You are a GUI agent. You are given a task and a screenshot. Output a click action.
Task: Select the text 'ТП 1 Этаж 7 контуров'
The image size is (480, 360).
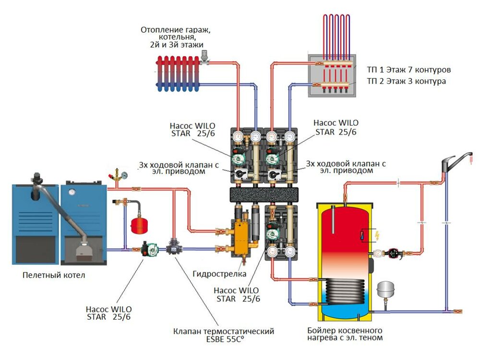click(408, 70)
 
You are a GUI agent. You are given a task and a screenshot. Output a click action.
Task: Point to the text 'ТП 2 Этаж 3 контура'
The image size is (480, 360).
click(406, 81)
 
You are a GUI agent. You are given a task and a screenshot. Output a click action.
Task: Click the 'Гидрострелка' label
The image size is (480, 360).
click(219, 274)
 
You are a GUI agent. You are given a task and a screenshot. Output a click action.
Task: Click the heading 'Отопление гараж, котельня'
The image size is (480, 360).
click(176, 34)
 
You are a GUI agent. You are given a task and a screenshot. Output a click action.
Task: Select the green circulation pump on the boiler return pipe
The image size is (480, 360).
click(147, 250)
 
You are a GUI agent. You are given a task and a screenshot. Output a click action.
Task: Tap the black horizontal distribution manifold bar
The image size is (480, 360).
click(264, 194)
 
